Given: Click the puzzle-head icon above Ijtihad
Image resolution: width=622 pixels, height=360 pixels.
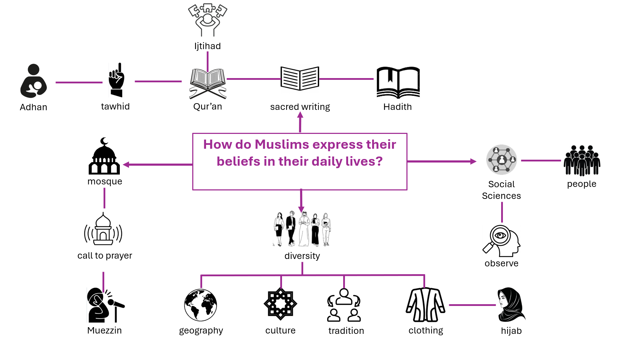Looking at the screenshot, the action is [x=207, y=20].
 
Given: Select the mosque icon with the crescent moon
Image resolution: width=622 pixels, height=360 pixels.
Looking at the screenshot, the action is [x=104, y=156].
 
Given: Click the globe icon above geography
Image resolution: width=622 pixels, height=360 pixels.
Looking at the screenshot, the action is [x=201, y=305].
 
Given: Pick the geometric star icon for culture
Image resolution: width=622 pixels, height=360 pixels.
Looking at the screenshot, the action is [x=280, y=304].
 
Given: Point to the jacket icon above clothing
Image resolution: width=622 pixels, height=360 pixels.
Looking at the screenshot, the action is [x=426, y=305].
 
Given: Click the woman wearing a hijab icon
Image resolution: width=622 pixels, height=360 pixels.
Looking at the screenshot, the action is [x=511, y=305].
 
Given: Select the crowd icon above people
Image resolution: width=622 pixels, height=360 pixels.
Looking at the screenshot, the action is [x=582, y=160].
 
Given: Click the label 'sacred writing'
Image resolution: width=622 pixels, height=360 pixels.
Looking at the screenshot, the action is [x=300, y=107].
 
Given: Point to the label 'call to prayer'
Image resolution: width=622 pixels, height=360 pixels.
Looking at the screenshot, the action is [x=105, y=255].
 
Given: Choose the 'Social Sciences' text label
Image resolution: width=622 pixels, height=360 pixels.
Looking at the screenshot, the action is [x=501, y=190].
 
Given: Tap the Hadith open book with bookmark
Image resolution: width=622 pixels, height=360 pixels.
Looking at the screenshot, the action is [x=398, y=82].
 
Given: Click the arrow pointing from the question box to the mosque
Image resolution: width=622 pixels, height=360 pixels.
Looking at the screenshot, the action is [x=158, y=164].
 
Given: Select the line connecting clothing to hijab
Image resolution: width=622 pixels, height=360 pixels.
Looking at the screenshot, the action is [x=473, y=305].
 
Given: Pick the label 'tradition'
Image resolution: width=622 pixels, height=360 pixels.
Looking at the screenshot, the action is [x=346, y=331].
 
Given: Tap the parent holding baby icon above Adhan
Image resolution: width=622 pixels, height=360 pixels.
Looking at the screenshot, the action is [x=34, y=81].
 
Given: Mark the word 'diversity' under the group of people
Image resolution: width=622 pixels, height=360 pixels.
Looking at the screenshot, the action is [x=302, y=256].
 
